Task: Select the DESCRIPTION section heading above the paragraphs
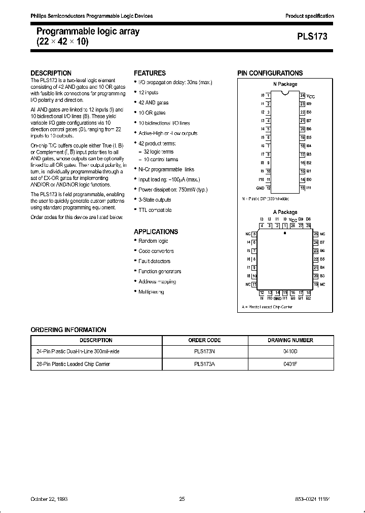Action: pyautogui.click(x=51, y=73)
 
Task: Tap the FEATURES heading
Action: pyautogui.click(x=150, y=73)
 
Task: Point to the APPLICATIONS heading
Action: pyautogui.click(x=156, y=232)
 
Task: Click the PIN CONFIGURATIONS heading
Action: pyautogui.click(x=270, y=73)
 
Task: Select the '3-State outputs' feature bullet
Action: pyautogui.click(x=155, y=200)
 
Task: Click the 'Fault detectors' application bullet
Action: pyautogui.click(x=154, y=261)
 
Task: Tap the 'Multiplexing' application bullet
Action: pyautogui.click(x=151, y=291)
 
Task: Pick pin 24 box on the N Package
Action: pyautogui.click(x=302, y=95)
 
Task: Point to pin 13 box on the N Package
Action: pyautogui.click(x=302, y=188)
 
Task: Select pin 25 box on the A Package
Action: pyautogui.click(x=315, y=234)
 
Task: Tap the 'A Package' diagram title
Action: pyautogui.click(x=285, y=212)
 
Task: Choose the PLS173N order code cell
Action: pyautogui.click(x=204, y=351)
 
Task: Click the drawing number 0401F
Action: pyautogui.click(x=290, y=363)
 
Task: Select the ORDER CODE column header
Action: pyautogui.click(x=204, y=340)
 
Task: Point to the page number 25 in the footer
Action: pyautogui.click(x=182, y=499)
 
